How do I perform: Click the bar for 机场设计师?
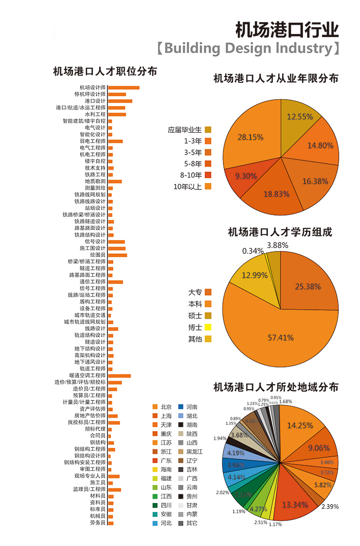(x=123, y=88)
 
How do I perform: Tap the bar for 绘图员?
(x=117, y=255)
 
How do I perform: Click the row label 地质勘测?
(x=95, y=182)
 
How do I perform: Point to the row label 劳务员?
(x=98, y=523)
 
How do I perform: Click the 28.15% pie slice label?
(x=251, y=137)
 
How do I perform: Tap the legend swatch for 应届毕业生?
(x=208, y=130)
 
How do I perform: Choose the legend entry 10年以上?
(x=188, y=186)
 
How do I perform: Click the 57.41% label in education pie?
(x=281, y=338)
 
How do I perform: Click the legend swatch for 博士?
(x=208, y=327)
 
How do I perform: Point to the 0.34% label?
(x=252, y=251)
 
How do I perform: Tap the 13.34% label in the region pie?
(x=295, y=505)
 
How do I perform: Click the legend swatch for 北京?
(x=155, y=407)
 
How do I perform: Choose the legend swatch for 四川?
(x=155, y=505)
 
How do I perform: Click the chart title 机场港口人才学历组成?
(x=280, y=232)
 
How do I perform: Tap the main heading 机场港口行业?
(x=287, y=30)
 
